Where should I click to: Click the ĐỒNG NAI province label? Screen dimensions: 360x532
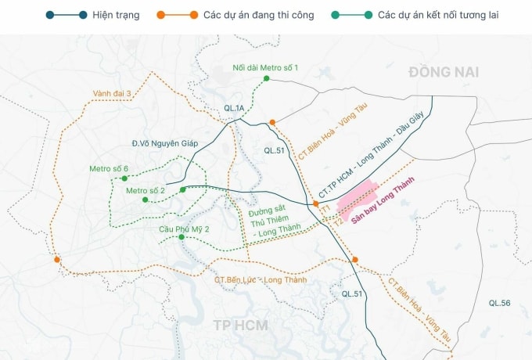(x=443, y=72)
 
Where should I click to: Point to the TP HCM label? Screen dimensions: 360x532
(x=240, y=325)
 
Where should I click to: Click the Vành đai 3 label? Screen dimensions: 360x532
(x=112, y=93)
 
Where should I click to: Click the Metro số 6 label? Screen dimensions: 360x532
(x=108, y=169)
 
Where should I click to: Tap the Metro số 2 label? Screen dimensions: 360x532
(x=146, y=190)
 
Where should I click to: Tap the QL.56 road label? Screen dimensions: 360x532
(x=499, y=303)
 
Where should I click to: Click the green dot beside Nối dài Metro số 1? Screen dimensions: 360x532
(x=266, y=78)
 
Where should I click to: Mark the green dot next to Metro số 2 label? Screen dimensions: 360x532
(x=182, y=189)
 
